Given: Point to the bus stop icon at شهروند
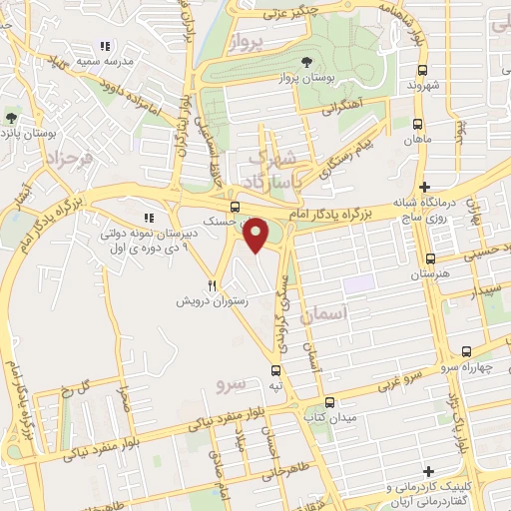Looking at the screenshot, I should pyautogui.click(x=423, y=70).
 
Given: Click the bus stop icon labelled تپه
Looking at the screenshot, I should pyautogui.click(x=274, y=369).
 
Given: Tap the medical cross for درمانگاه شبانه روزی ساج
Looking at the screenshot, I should pyautogui.click(x=425, y=187).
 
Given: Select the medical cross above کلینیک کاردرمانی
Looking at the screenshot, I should pyautogui.click(x=427, y=471).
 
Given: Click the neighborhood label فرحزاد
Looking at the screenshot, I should pyautogui.click(x=73, y=157).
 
